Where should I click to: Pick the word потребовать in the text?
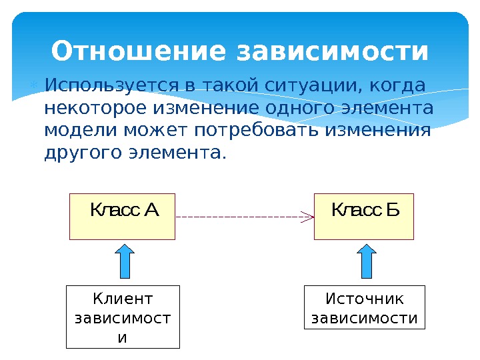[x=263, y=130]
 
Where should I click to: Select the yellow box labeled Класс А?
[x=122, y=217]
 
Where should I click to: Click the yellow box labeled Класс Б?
[x=364, y=217]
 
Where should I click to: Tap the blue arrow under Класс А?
[x=125, y=261]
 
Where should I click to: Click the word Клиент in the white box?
[x=123, y=299]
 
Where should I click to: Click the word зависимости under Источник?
[x=365, y=319]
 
